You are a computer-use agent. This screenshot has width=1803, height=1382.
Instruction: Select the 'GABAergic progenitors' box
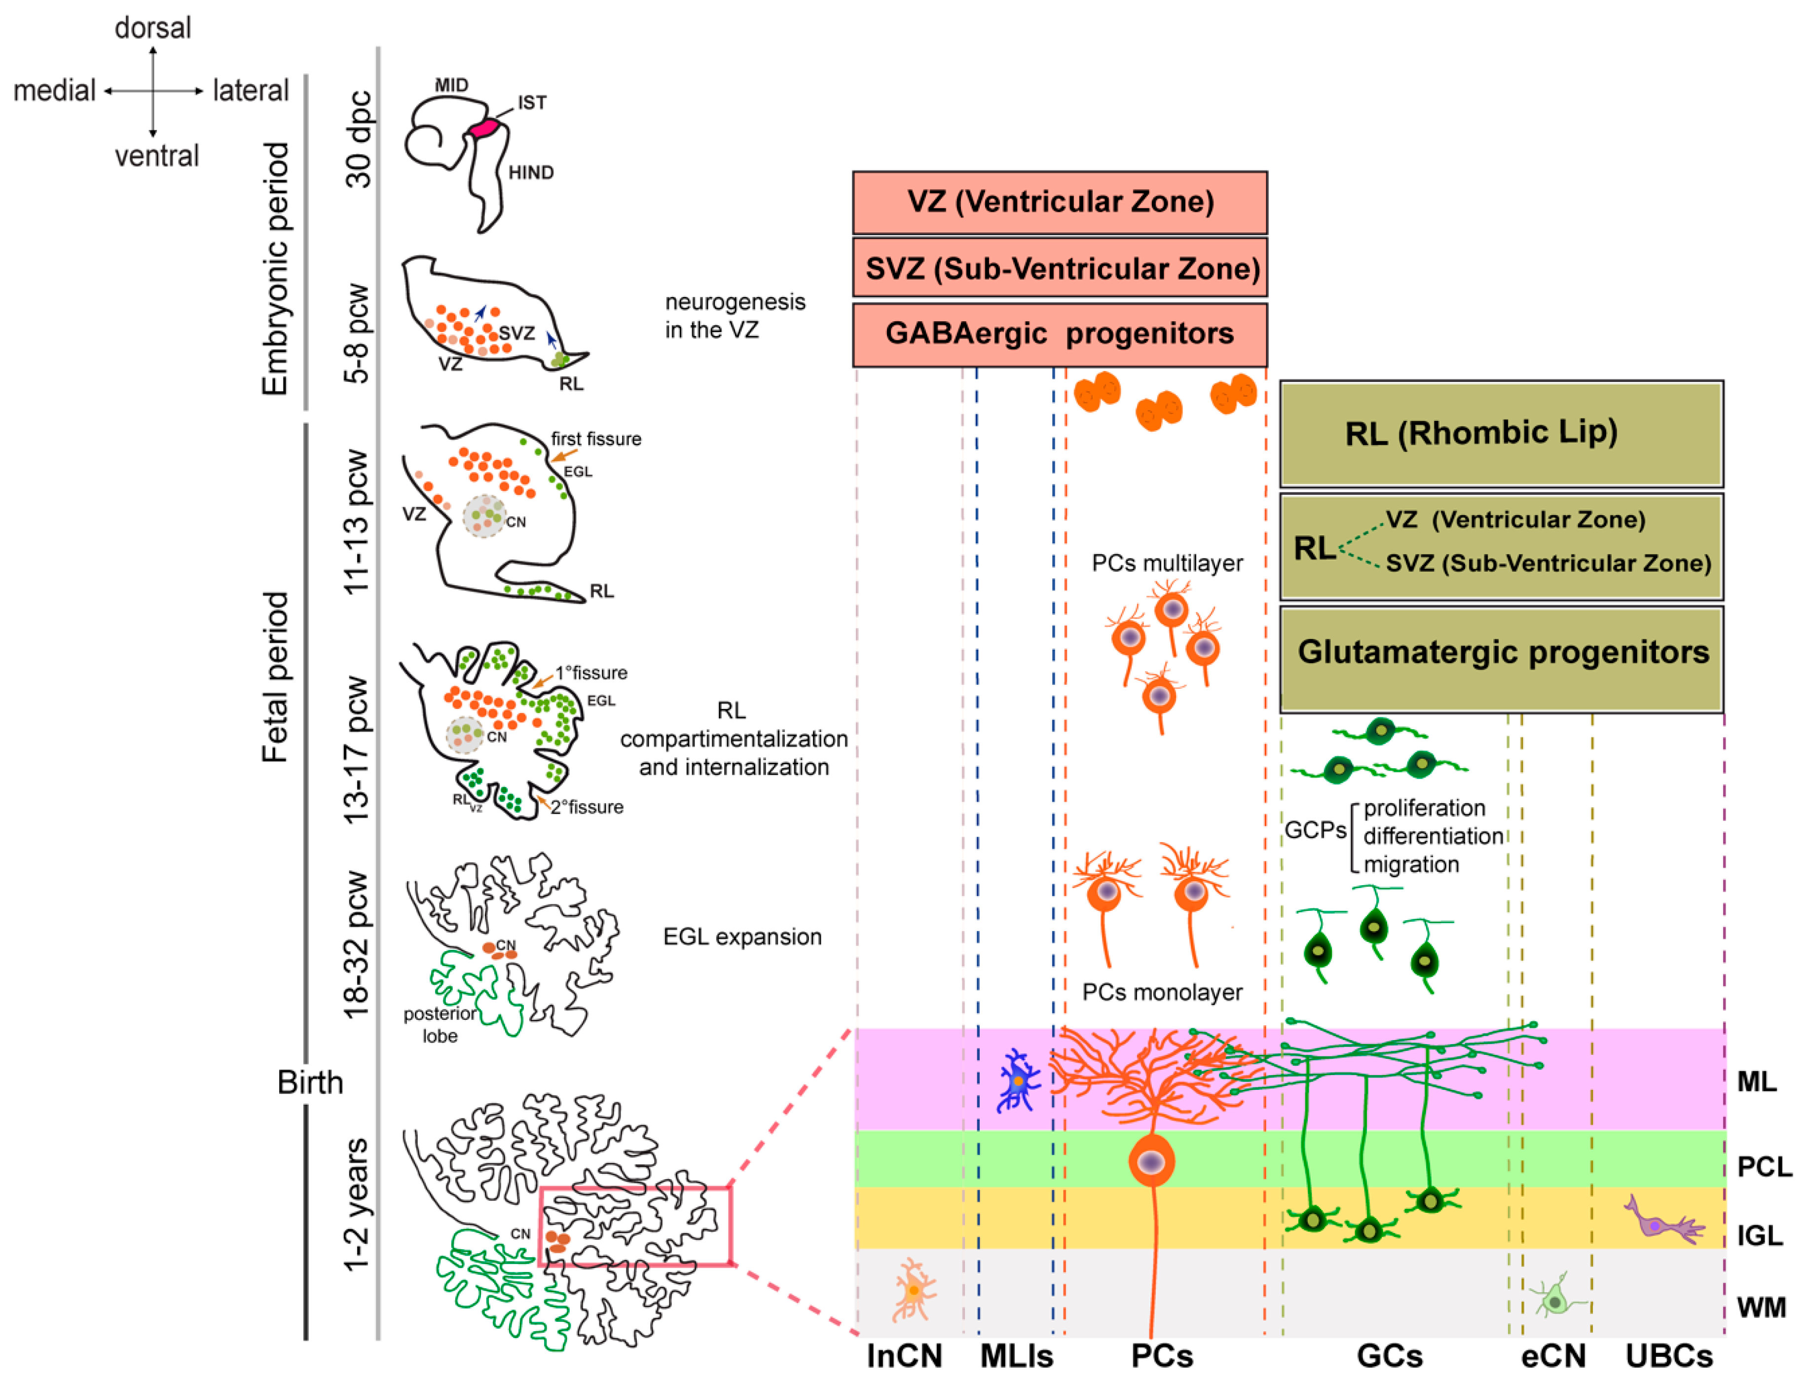pyautogui.click(x=1060, y=334)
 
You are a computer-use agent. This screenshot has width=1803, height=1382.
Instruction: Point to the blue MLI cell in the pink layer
pyautogui.click(x=1018, y=1081)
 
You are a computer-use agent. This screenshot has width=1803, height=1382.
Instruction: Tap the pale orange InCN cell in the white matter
pyautogui.click(x=913, y=1290)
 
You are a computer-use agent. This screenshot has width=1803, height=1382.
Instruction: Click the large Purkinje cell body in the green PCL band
pyautogui.click(x=1151, y=1161)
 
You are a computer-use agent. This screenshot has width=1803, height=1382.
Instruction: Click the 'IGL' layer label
pyautogui.click(x=1760, y=1235)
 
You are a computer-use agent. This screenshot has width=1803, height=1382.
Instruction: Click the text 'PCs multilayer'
pyautogui.click(x=1166, y=563)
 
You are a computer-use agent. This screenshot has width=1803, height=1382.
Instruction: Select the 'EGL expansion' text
pyautogui.click(x=742, y=937)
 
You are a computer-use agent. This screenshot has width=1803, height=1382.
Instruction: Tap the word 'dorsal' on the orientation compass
pyautogui.click(x=153, y=28)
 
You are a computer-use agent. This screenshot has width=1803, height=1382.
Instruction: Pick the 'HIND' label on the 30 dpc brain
pyautogui.click(x=530, y=173)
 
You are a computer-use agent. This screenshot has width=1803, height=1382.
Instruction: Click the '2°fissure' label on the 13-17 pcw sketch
pyautogui.click(x=587, y=807)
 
